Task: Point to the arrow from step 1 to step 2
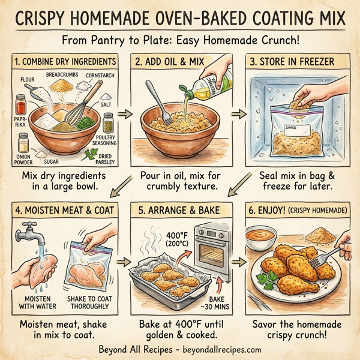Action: click(x=126, y=112)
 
